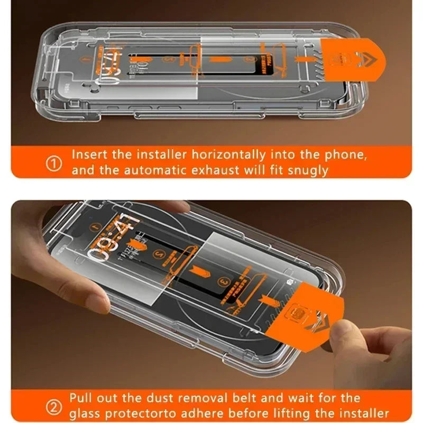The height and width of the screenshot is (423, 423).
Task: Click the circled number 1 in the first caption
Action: (x=54, y=163)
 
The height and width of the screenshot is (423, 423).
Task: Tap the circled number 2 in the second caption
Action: (x=53, y=406)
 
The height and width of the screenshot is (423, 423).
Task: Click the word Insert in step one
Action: (x=87, y=156)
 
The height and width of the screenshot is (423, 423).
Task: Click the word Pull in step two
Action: (x=81, y=398)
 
